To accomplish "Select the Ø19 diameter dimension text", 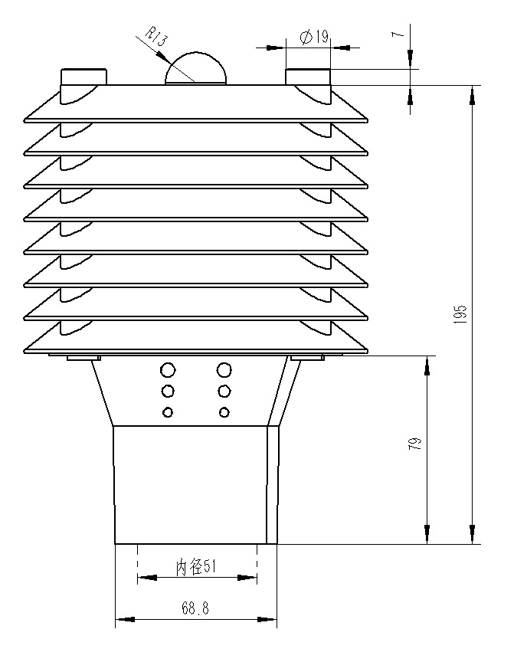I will [x=314, y=36].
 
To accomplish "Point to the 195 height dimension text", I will [x=460, y=315].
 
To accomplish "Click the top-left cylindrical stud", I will [x=83, y=77].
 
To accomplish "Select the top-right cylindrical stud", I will [x=308, y=77].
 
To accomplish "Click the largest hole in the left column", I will [x=169, y=371].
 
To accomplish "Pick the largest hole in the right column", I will [x=224, y=371].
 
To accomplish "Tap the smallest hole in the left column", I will [x=169, y=413].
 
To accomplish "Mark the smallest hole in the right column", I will [x=224, y=413].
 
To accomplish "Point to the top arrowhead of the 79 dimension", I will [x=427, y=365].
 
